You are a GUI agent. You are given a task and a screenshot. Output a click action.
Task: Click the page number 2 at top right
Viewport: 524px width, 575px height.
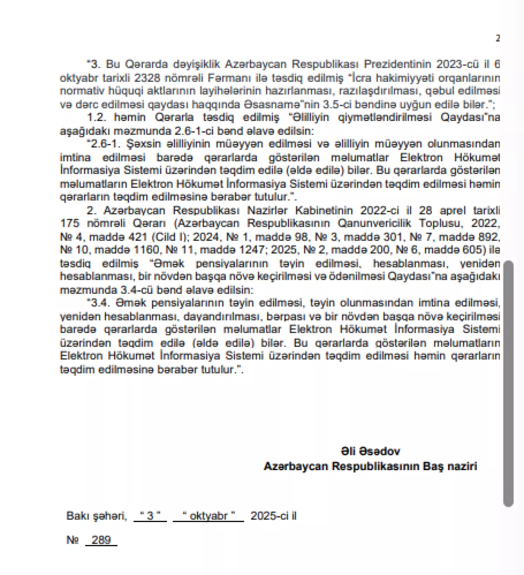pyautogui.click(x=497, y=38)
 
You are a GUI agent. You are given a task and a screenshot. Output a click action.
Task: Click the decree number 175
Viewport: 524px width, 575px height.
pyautogui.click(x=70, y=224)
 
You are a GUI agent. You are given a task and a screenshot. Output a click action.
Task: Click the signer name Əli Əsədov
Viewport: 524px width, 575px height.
pyautogui.click(x=370, y=451)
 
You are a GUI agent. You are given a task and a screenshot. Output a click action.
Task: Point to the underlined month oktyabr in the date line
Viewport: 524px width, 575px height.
pyautogui.click(x=208, y=516)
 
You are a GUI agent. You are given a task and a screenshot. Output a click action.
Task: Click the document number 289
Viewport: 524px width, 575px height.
pyautogui.click(x=101, y=540)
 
